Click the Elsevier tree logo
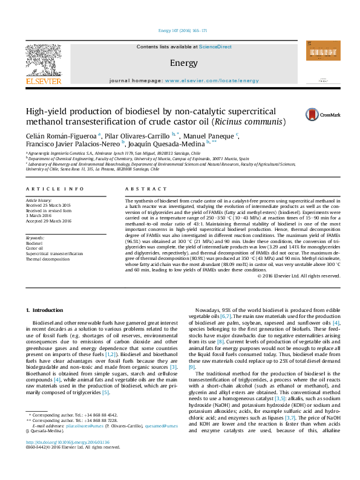(x=43, y=60)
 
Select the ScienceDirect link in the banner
(x=216, y=47)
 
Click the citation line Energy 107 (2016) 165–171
(x=180, y=30)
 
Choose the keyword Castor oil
(x=34, y=248)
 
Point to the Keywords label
(x=34, y=238)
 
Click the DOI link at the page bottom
(x=67, y=459)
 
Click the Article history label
(x=39, y=200)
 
